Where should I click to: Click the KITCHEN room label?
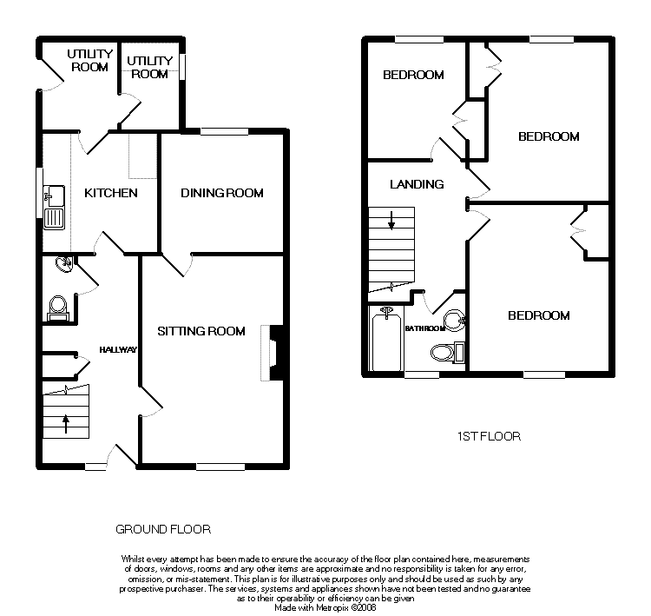[x=111, y=193]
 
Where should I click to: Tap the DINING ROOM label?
[x=222, y=193]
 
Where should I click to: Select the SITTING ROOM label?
[x=201, y=331]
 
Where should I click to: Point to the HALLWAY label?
[x=118, y=350]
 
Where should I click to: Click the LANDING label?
[x=417, y=184]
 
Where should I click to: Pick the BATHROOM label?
[x=425, y=328]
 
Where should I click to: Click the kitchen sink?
[x=54, y=208]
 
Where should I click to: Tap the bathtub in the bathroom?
[x=386, y=338]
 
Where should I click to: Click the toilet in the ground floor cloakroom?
[x=57, y=308]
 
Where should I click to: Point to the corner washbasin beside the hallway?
[x=65, y=263]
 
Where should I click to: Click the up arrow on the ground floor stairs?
[x=66, y=424]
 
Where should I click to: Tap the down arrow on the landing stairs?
[x=391, y=221]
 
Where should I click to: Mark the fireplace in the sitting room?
[x=273, y=353]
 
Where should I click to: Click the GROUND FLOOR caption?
[x=163, y=529]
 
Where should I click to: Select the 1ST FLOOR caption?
[x=489, y=436]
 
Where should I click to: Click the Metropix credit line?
[x=325, y=607]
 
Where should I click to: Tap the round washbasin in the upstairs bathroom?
[x=455, y=321]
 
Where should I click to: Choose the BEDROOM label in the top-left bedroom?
[x=413, y=75]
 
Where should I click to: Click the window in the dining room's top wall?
[x=224, y=131]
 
